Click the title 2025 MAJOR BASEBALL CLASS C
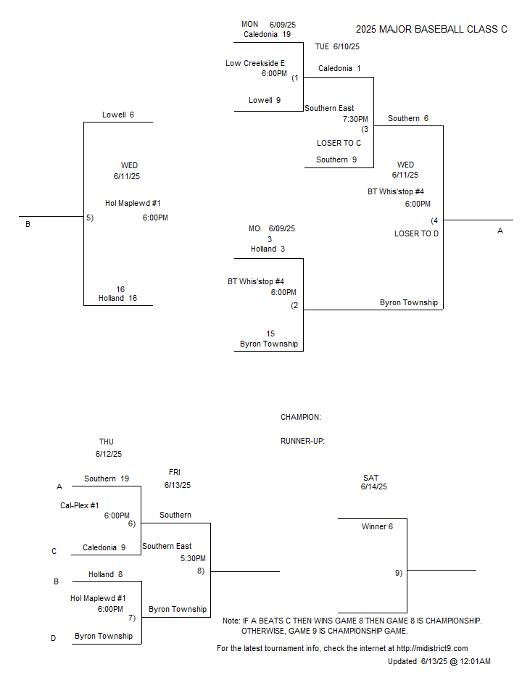pyautogui.click(x=431, y=29)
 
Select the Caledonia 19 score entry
pyautogui.click(x=268, y=34)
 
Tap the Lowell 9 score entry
pyautogui.click(x=265, y=100)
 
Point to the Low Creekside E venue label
pyautogui.click(x=255, y=64)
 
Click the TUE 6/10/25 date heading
pyautogui.click(x=337, y=46)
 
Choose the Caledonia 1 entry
pyautogui.click(x=339, y=68)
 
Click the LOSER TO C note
pyautogui.click(x=339, y=143)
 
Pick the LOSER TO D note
pyautogui.click(x=416, y=233)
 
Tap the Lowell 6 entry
pyautogui.click(x=118, y=115)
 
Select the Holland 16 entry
pyautogui.click(x=117, y=298)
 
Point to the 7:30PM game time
pyautogui.click(x=355, y=119)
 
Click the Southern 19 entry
pyautogui.click(x=107, y=478)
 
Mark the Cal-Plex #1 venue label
pyautogui.click(x=80, y=505)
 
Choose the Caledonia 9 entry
pyautogui.click(x=104, y=548)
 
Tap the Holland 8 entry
pyautogui.click(x=105, y=574)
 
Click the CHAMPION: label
pyautogui.click(x=300, y=418)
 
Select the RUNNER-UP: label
pyautogui.click(x=302, y=442)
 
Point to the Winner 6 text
pyautogui.click(x=377, y=526)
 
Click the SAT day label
pyautogui.click(x=370, y=478)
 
